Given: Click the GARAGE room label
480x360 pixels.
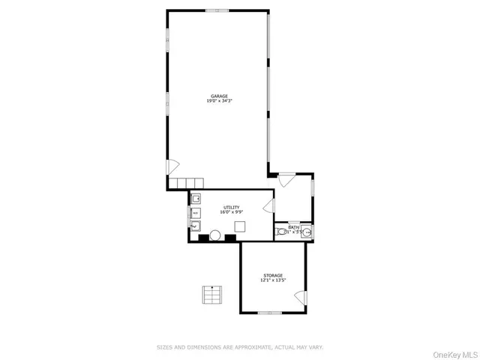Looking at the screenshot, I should tap(218, 96).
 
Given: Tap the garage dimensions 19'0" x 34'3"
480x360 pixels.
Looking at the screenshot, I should tap(218, 101).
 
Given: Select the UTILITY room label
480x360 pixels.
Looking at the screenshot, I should tap(231, 207).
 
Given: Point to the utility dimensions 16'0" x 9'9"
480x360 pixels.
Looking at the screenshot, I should tap(231, 212).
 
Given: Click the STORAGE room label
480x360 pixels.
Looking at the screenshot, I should tap(273, 275).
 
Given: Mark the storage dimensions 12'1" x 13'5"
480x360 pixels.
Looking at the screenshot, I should tap(273, 280).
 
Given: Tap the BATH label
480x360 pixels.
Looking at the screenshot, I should tap(293, 226).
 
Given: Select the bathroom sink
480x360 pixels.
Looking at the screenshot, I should tap(307, 232).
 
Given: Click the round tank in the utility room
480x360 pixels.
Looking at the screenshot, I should tap(214, 236).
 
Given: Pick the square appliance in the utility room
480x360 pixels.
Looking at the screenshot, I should tap(240, 226).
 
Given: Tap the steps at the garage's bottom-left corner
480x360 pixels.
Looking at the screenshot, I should tap(187, 183).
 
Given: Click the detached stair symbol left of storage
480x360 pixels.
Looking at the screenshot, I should tap(212, 295).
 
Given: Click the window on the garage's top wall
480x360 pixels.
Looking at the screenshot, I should tap(217, 10).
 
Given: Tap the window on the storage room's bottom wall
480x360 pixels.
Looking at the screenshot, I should tap(269, 313).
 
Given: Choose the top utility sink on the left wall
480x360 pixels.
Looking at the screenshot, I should tap(195, 199).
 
